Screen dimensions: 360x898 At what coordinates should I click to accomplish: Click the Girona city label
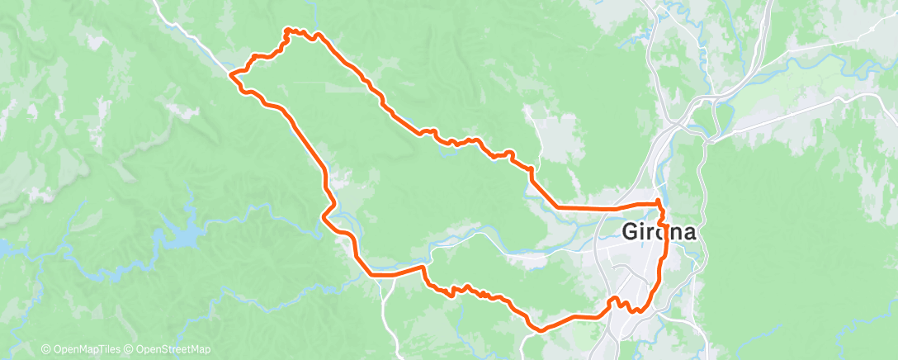click(658, 233)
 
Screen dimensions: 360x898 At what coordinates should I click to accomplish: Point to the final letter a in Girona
click(688, 233)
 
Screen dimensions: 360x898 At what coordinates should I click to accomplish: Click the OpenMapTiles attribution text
click(85, 349)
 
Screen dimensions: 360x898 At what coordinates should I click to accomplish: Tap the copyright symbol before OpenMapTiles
click(46, 349)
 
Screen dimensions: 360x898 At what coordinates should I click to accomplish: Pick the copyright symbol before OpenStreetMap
click(130, 349)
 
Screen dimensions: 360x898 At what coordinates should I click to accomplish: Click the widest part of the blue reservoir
click(182, 237)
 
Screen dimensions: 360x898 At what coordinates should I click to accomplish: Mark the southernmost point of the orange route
click(541, 329)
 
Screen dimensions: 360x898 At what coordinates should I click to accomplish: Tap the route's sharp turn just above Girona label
click(658, 201)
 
